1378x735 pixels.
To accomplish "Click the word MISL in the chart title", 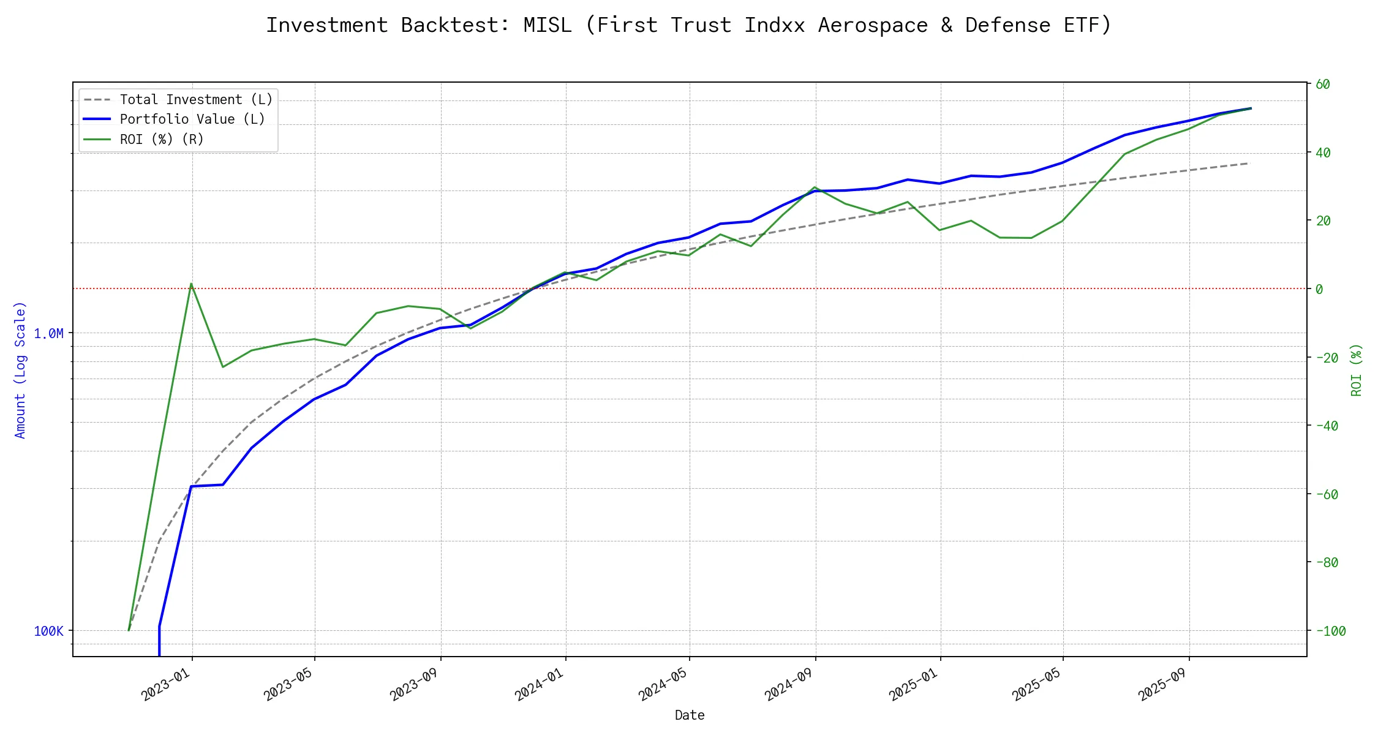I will click(x=547, y=25).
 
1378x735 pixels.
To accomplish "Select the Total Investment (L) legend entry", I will click(x=196, y=99).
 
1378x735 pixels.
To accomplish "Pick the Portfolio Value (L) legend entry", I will click(x=192, y=119).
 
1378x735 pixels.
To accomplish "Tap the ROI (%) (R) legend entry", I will click(x=162, y=139).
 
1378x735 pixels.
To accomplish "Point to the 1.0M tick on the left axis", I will click(x=48, y=333).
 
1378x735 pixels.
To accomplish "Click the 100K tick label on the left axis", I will click(x=48, y=631).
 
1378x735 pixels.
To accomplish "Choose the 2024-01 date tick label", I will click(x=540, y=685).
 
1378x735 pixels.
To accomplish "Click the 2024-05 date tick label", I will click(x=664, y=685).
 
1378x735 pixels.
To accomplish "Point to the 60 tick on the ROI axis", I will click(x=1323, y=85).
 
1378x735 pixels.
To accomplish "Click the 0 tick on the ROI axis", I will click(x=1319, y=289).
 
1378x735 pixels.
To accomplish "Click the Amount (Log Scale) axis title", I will click(x=20, y=370).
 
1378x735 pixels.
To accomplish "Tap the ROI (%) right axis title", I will click(x=1356, y=370).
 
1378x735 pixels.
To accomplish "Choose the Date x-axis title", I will click(x=690, y=715).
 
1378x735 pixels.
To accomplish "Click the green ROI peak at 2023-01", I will click(x=191, y=284).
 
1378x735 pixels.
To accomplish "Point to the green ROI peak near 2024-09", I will click(x=814, y=187).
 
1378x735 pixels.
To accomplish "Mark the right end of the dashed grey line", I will click(x=1248, y=164).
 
